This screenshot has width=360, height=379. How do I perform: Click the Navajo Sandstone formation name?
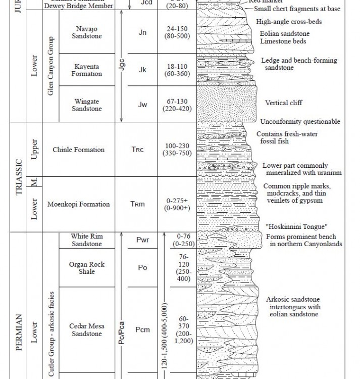[x=87, y=32]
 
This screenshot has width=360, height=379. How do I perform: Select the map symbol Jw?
[x=143, y=105]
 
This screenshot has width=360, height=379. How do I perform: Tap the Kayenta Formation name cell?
[x=87, y=70]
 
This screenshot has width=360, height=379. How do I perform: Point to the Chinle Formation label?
[x=78, y=150]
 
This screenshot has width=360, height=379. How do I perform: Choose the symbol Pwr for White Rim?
[x=142, y=240]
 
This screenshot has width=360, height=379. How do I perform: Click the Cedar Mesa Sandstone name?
[x=86, y=330]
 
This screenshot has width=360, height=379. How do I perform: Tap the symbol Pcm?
[x=143, y=330]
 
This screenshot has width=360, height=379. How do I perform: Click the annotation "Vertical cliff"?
[x=283, y=103]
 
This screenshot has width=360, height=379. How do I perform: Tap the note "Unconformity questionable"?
[x=300, y=122]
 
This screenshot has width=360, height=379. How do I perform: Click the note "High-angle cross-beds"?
[x=289, y=22]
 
